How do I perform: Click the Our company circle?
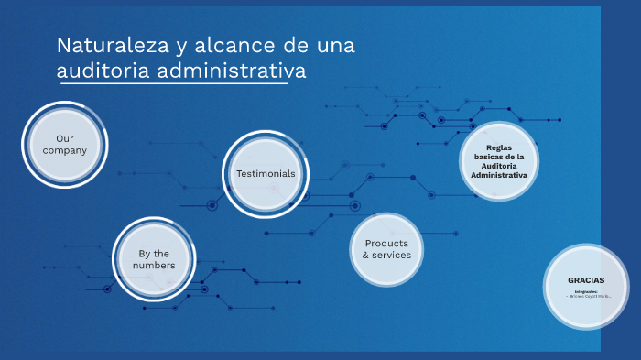[64, 145]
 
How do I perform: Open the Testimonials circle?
[266, 173]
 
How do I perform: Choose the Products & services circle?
[386, 249]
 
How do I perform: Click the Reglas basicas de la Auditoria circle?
[499, 160]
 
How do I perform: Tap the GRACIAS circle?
[586, 286]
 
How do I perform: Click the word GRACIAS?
[586, 279]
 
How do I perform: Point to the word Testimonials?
[266, 173]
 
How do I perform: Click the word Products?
[386, 243]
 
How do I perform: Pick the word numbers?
[154, 266]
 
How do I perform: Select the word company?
[64, 150]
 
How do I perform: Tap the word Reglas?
[499, 147]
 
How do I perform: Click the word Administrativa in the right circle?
[499, 174]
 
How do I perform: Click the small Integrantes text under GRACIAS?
[586, 291]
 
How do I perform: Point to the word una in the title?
[335, 45]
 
